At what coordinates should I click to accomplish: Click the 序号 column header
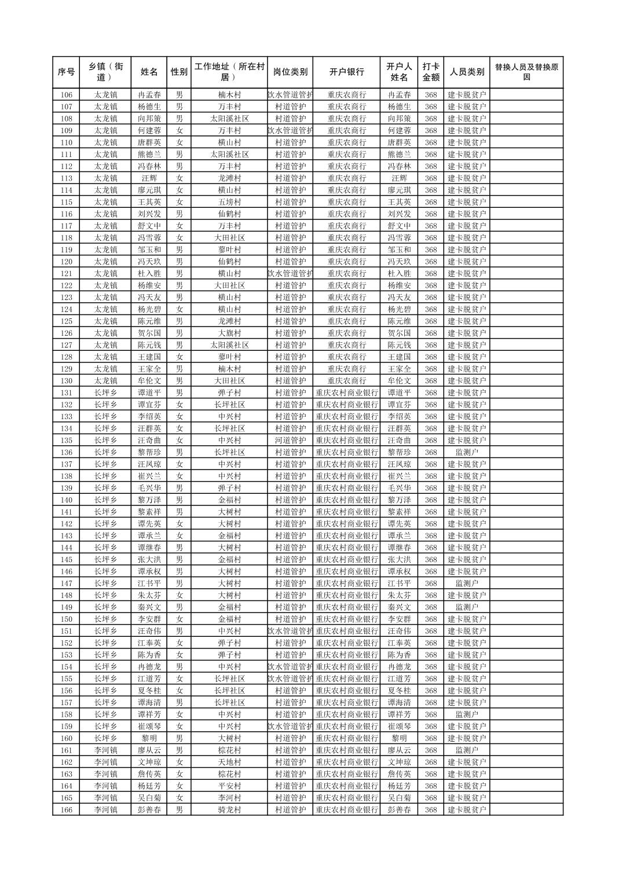coord(66,72)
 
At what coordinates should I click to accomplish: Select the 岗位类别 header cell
coord(290,72)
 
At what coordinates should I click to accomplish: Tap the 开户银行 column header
coord(346,72)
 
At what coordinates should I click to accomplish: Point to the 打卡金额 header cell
coord(430,72)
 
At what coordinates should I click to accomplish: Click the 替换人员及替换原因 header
coord(526,72)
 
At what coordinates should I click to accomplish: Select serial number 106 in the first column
coord(66,95)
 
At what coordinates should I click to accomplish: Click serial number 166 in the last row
coord(66,810)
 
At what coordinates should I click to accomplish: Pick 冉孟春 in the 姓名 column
coord(149,95)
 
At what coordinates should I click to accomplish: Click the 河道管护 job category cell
coord(290,441)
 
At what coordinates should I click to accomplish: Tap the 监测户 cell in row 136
coord(467,452)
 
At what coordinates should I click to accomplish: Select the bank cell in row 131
coord(346,393)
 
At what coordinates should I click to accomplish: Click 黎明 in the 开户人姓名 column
coord(399,738)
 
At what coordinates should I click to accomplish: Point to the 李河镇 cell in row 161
coord(106,750)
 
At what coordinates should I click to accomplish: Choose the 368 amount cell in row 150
coord(430,619)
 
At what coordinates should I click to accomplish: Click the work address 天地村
coord(229,762)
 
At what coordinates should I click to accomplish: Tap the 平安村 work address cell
coord(229,786)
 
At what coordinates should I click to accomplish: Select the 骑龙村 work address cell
coord(229,810)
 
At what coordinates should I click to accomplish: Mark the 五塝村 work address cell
coord(229,202)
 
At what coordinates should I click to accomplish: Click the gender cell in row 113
coord(180,178)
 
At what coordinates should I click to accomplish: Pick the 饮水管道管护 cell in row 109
coord(290,131)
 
